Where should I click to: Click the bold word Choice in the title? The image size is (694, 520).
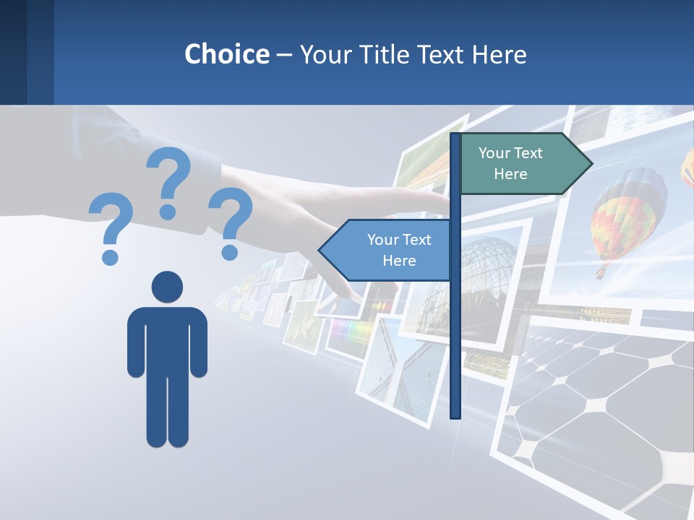pos(226,54)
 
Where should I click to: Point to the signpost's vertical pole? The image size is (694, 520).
pos(455,325)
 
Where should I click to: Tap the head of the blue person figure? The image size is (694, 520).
pos(167,287)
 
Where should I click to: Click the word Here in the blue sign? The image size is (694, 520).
pos(399,261)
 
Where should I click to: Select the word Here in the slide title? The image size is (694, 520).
pos(499,54)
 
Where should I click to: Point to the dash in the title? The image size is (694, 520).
pos(284,55)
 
